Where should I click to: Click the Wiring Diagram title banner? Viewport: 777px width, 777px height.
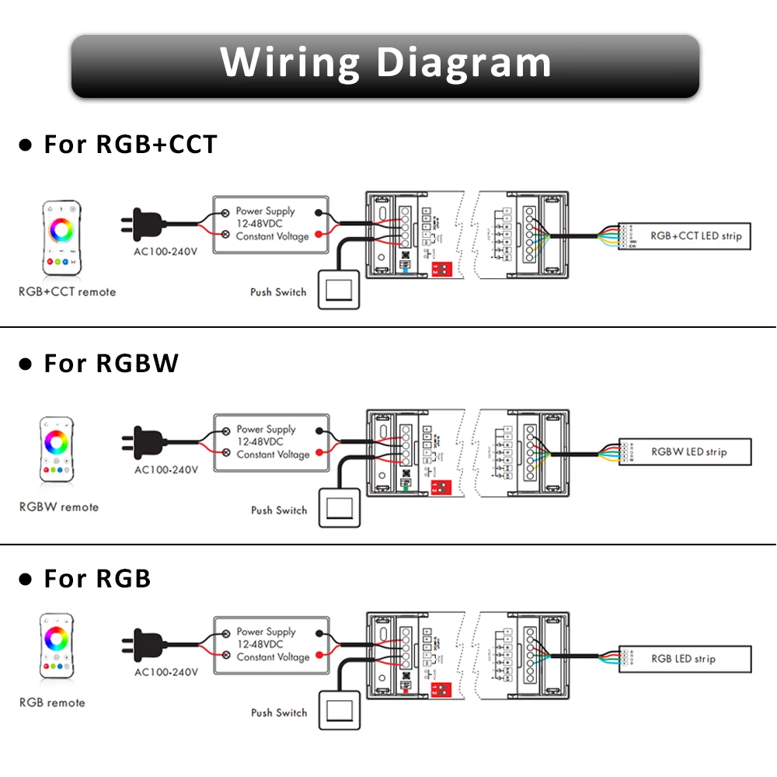click(386, 65)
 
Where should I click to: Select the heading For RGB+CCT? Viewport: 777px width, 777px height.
click(130, 145)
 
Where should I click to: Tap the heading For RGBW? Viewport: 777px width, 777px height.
click(111, 364)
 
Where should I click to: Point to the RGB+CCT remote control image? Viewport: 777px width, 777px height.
click(61, 239)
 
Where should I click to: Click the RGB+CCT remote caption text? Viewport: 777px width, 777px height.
click(68, 292)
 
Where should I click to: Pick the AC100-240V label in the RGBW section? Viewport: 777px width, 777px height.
click(166, 470)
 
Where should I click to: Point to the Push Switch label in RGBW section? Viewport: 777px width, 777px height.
click(279, 510)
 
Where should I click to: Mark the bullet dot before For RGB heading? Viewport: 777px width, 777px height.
click(26, 580)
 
